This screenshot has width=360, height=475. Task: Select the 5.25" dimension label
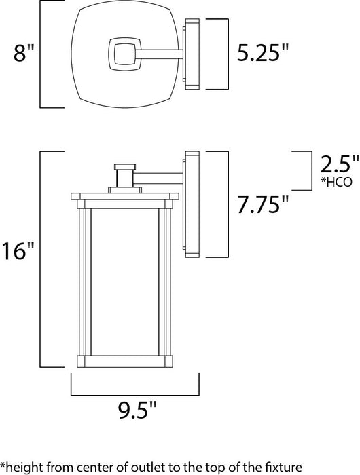(259, 52)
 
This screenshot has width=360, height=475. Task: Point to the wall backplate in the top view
(191, 54)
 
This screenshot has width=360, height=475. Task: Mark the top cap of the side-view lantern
(124, 197)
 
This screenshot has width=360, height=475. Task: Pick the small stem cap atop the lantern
(124, 166)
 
